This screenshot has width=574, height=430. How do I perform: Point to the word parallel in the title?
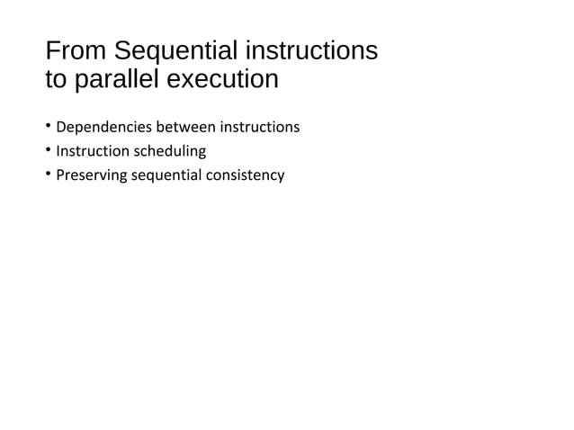[120, 79]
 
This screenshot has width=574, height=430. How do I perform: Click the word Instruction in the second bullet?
[92, 151]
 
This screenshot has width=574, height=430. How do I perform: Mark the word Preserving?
[91, 175]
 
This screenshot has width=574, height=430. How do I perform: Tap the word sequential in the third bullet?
[166, 175]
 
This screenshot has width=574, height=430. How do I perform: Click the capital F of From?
[51, 49]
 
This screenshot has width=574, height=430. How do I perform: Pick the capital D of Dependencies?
[60, 128]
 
